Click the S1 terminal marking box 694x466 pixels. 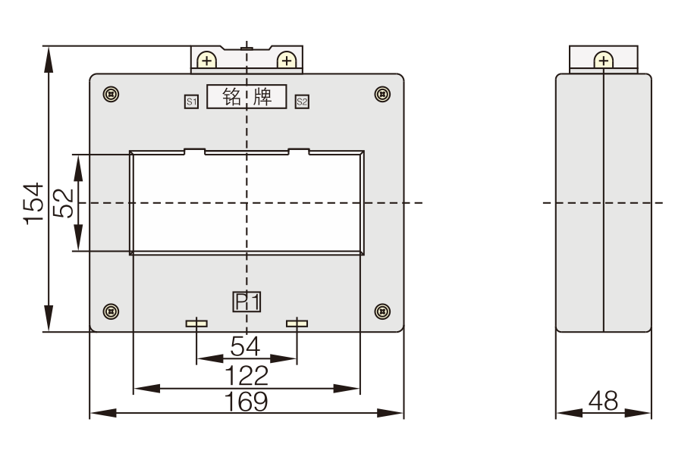tap(191, 102)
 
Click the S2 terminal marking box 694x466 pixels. tap(302, 102)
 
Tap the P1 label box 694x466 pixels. tap(247, 302)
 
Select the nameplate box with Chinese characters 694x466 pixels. tap(247, 96)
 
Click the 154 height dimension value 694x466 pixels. tap(34, 203)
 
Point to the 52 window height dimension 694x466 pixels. tap(63, 203)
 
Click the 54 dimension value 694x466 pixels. tap(245, 346)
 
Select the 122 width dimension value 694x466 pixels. tap(247, 376)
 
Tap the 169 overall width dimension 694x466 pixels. tap(246, 402)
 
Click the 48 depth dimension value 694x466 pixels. tap(603, 401)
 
